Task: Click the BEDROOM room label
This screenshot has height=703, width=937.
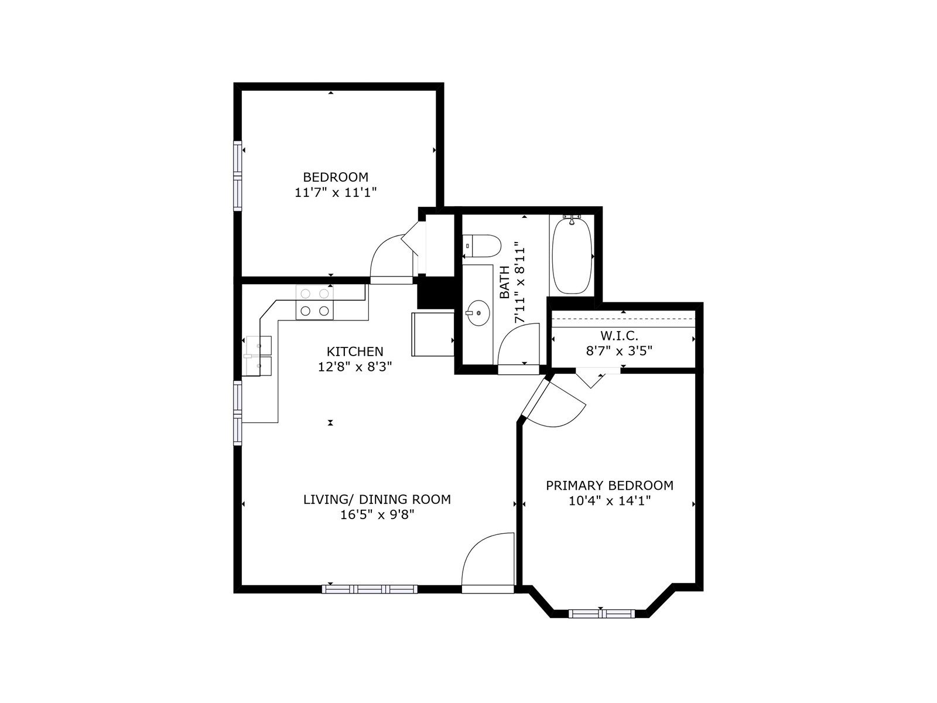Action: pyautogui.click(x=335, y=177)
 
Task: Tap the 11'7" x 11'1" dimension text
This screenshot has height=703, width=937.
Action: pyautogui.click(x=336, y=193)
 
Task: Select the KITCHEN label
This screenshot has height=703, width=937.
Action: pyautogui.click(x=355, y=351)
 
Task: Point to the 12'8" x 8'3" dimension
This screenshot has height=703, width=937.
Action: pyautogui.click(x=355, y=367)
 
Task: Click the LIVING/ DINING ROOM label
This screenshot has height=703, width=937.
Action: pyautogui.click(x=377, y=499)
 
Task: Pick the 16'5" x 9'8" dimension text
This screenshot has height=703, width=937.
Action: pyautogui.click(x=377, y=515)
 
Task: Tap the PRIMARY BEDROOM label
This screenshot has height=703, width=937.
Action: pyautogui.click(x=610, y=485)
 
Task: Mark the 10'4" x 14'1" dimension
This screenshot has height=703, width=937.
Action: pyautogui.click(x=610, y=501)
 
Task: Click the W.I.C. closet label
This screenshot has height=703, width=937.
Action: pyautogui.click(x=619, y=336)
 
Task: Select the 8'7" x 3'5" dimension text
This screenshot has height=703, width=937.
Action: pyautogui.click(x=619, y=351)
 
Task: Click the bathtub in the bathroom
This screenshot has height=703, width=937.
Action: pyautogui.click(x=572, y=255)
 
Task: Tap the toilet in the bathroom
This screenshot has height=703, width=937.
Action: pyautogui.click(x=481, y=246)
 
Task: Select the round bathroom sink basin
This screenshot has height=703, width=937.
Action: pyautogui.click(x=478, y=313)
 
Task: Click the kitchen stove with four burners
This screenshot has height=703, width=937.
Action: pyautogui.click(x=314, y=302)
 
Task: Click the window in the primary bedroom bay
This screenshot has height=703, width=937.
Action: pyautogui.click(x=602, y=614)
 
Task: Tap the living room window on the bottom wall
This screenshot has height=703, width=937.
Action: pyautogui.click(x=370, y=589)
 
